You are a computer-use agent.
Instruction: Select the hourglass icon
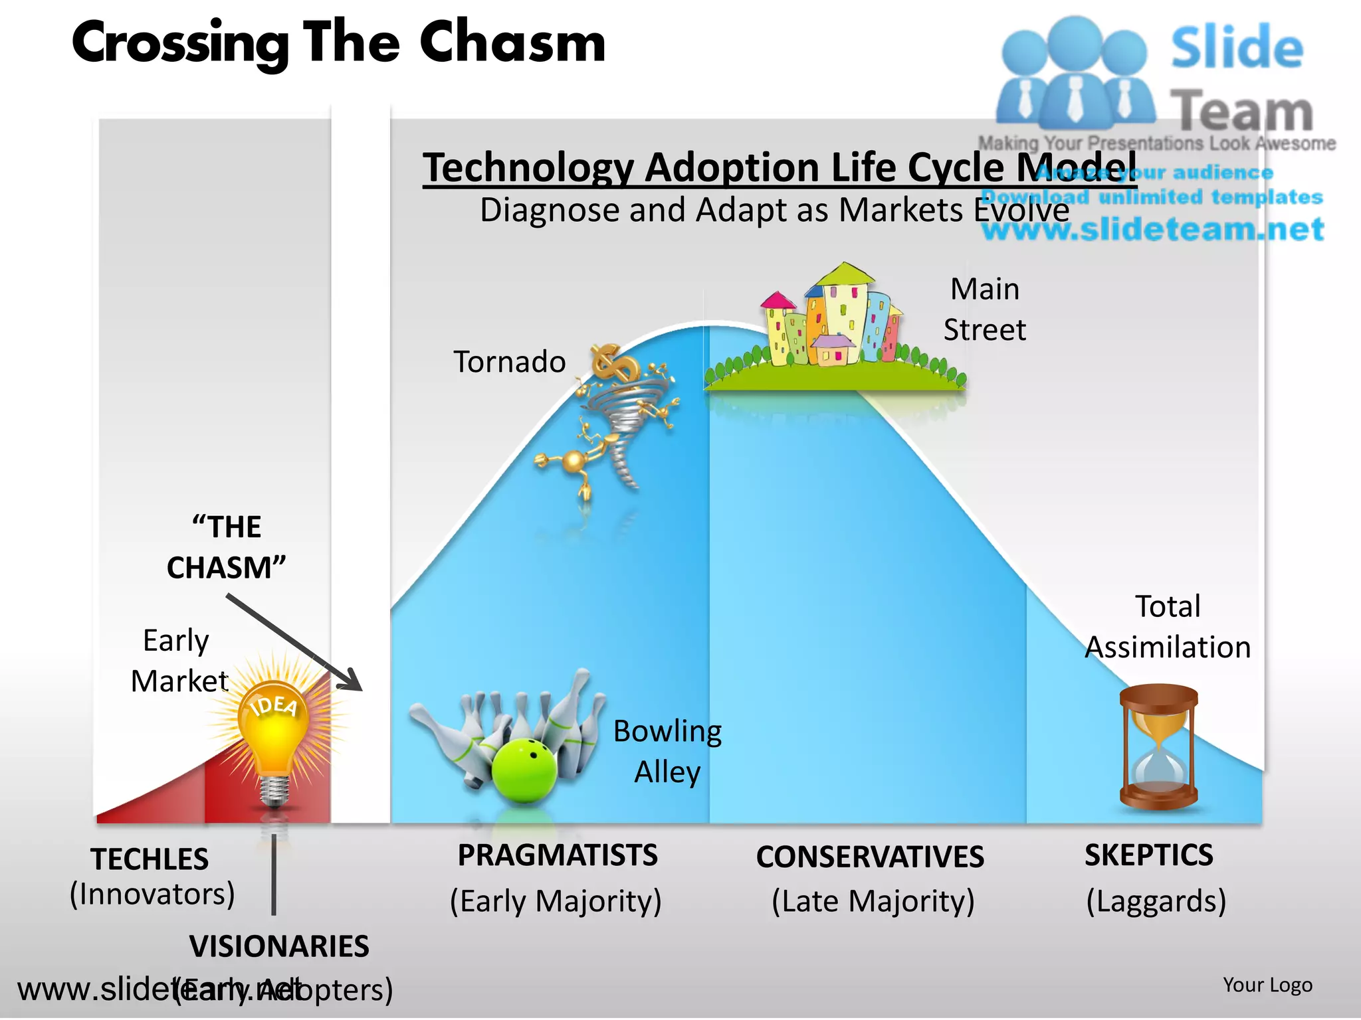pyautogui.click(x=1158, y=747)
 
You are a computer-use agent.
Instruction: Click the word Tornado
pyautogui.click(x=509, y=363)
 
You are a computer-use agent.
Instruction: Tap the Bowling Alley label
pyautogui.click(x=667, y=752)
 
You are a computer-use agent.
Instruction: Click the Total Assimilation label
pyautogui.click(x=1168, y=627)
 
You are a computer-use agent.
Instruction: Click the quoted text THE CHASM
pyautogui.click(x=226, y=548)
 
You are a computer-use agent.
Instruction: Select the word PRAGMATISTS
pyautogui.click(x=557, y=855)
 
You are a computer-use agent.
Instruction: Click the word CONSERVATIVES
pyautogui.click(x=870, y=857)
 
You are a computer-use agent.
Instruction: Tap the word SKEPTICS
pyautogui.click(x=1148, y=855)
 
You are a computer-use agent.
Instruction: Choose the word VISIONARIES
pyautogui.click(x=279, y=947)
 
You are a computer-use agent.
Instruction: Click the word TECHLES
pyautogui.click(x=150, y=860)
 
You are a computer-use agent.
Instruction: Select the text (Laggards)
pyautogui.click(x=1156, y=902)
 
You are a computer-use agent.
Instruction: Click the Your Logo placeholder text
pyautogui.click(x=1267, y=985)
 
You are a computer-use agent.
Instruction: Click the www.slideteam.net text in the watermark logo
pyautogui.click(x=1153, y=230)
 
